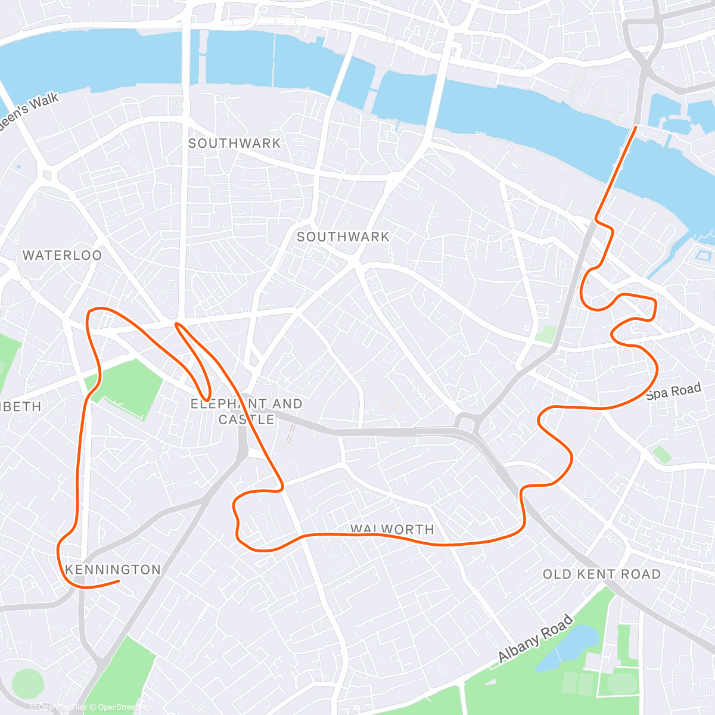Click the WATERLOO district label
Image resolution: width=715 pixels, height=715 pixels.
coord(62,256)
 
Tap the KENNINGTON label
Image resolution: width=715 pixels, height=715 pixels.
coord(113,570)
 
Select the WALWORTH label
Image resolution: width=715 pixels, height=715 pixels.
coord(392,529)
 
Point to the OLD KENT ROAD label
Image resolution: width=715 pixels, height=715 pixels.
coord(602,574)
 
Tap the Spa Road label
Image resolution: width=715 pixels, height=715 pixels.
coord(673,392)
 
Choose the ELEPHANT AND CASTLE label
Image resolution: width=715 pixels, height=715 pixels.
coord(246,412)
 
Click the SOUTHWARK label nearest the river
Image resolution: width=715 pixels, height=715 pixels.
coord(234,144)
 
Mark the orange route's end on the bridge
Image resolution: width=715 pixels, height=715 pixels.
coord(636,127)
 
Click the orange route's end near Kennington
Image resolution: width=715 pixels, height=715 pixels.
coord(119,581)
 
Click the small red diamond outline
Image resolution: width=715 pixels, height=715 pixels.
coord(390,400)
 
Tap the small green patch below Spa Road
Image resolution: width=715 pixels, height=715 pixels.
coord(661,455)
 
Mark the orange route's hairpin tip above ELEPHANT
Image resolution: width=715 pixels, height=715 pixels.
coord(176,324)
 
